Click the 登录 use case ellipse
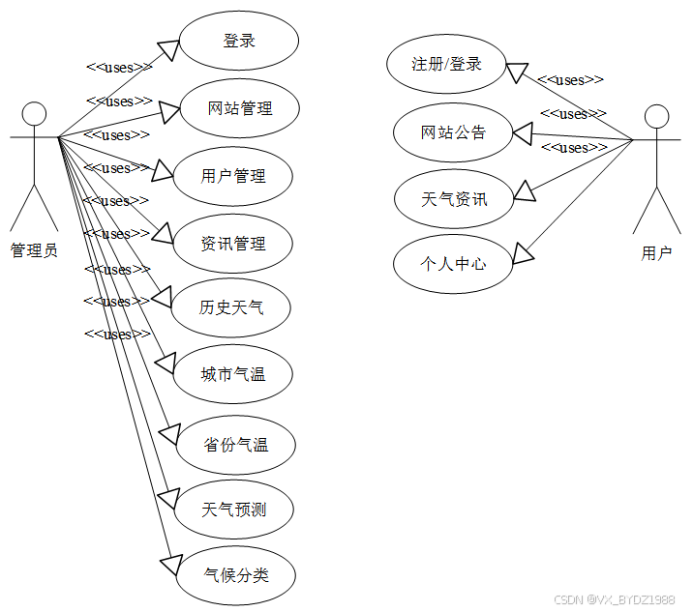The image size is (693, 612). pos(239,42)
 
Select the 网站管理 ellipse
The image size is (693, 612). pos(240,108)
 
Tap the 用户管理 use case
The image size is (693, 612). pos(233,176)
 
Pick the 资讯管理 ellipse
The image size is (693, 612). pos(233,244)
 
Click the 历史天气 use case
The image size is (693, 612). pos(231,308)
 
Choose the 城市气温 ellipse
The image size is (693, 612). pos(233,374)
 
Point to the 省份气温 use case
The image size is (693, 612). pos(236,445)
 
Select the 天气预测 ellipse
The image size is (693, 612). pos(234,509)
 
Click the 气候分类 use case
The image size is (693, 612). pos(236,576)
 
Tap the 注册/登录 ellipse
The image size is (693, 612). pos(446,65)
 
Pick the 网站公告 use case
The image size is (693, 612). pos(453,132)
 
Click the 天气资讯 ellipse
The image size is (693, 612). pos(454,200)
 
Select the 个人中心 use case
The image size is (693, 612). pos(453,263)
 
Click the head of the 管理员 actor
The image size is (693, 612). pos(35,113)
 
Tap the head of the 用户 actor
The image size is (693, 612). pos(657,117)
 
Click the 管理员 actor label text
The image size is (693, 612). pos(34,250)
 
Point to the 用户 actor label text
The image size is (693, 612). pos(656,253)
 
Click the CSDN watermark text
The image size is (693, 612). pos(615,599)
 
